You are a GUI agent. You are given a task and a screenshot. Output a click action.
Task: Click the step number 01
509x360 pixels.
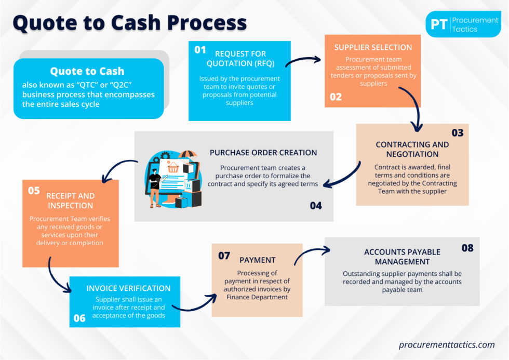pos(200,50)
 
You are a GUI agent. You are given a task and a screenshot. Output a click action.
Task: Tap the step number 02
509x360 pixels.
pos(336,97)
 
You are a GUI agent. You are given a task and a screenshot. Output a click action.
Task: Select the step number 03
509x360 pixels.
pos(457,132)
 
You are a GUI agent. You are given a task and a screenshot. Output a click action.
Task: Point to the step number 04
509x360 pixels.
pos(316,206)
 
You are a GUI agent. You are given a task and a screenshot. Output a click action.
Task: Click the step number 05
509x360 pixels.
pos(34,190)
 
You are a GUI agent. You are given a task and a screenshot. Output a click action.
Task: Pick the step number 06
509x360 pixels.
pos(79,318)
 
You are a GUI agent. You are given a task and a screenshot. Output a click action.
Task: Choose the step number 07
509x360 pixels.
pos(224,256)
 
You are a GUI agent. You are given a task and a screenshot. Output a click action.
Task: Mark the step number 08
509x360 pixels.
pos(467,248)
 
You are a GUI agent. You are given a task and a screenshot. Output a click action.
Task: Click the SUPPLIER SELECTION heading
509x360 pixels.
pos(373,47)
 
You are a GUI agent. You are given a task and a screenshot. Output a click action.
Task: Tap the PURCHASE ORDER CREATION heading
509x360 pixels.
pos(263,153)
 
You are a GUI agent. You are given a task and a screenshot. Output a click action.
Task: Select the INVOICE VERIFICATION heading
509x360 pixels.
pos(128,288)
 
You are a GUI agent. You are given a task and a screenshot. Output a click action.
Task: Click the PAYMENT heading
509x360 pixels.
pos(258,260)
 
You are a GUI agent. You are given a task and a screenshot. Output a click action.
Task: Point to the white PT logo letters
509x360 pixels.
pos(439,24)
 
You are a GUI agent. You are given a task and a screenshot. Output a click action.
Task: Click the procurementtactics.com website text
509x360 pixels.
pos(447,344)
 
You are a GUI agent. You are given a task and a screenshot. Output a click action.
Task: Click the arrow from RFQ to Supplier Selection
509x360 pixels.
pos(303,61)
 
